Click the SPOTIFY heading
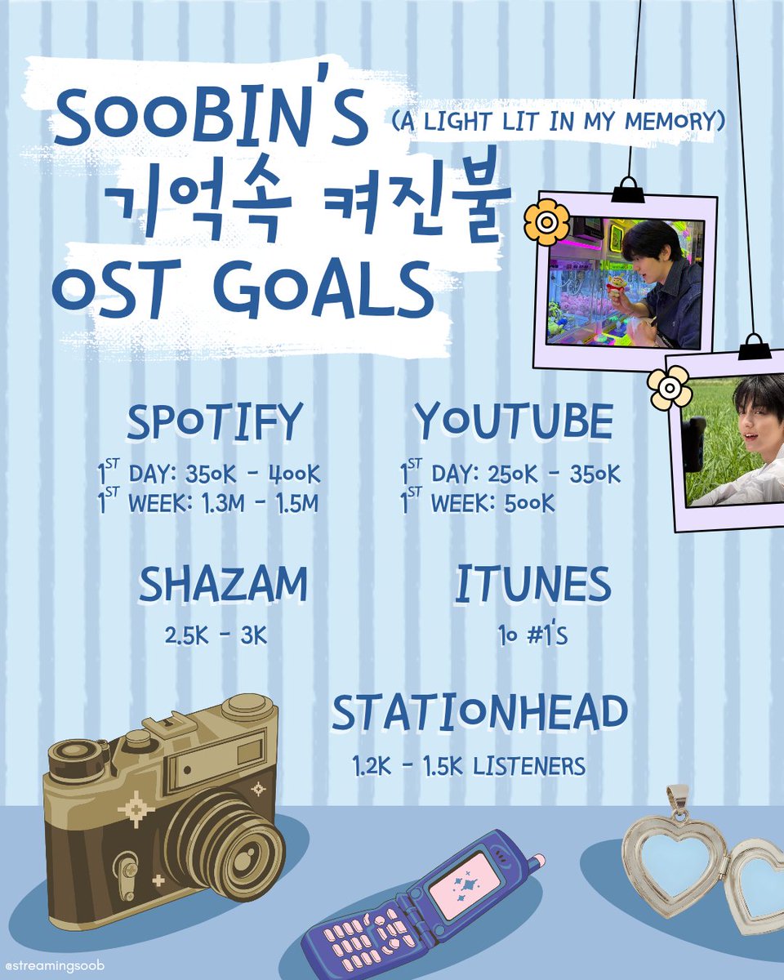coord(214,422)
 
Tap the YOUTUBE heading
coord(513,422)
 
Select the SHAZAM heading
coord(223,585)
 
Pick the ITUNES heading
coord(532,585)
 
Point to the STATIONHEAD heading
coord(479,714)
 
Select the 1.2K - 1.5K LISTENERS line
coord(469,766)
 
